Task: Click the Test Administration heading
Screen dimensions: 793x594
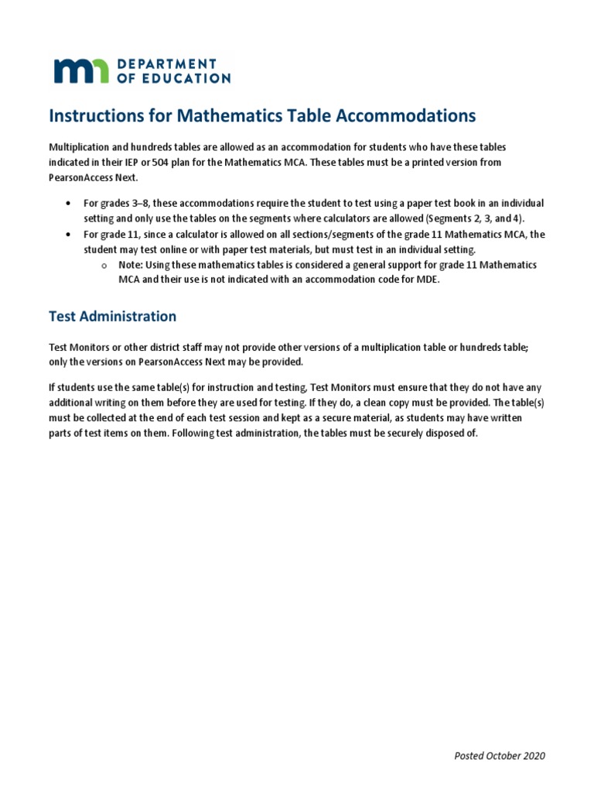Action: (112, 316)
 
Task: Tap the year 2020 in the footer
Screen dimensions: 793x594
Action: (532, 756)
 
